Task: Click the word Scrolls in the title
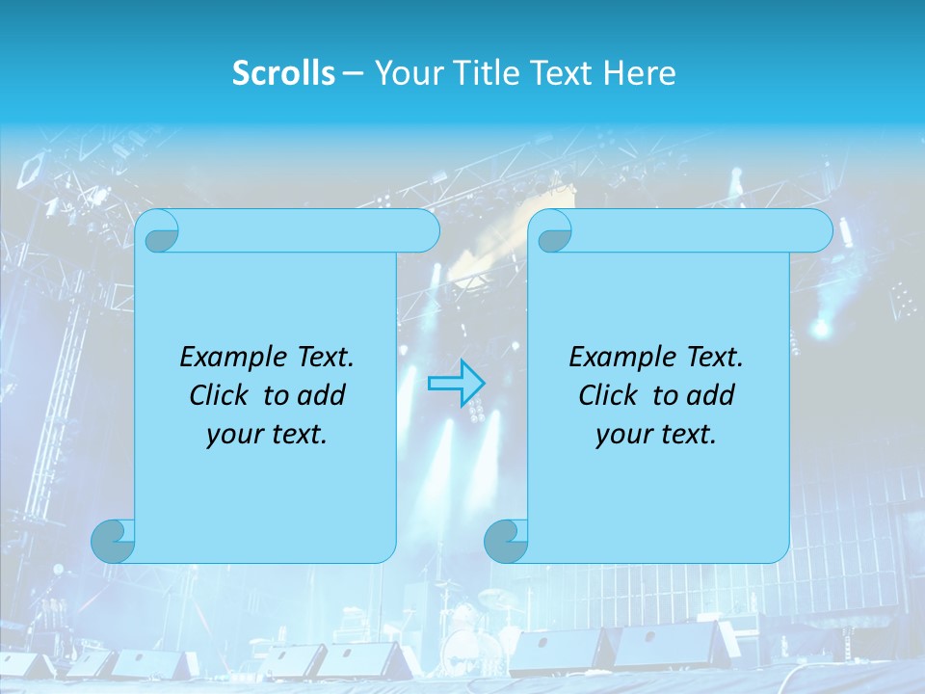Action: coord(283,73)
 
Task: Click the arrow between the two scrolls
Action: coord(456,383)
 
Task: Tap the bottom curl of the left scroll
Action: coord(113,541)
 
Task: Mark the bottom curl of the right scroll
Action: coord(506,541)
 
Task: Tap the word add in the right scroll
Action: coord(711,395)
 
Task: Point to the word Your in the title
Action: coord(404,73)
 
